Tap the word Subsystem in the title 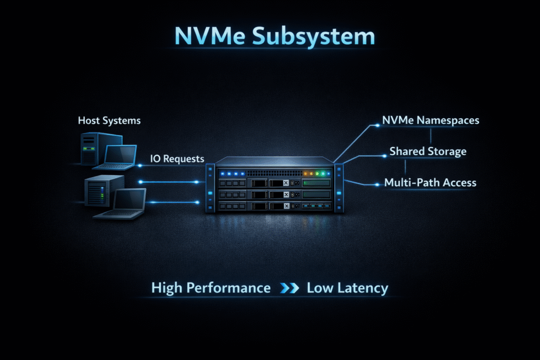(313, 37)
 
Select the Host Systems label (109, 121)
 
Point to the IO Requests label (177, 158)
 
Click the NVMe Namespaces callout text (431, 120)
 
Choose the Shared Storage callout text (428, 152)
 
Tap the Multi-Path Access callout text (430, 183)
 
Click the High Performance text (211, 288)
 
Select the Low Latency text (347, 288)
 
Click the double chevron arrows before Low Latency (288, 289)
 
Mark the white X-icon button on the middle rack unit (286, 183)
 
